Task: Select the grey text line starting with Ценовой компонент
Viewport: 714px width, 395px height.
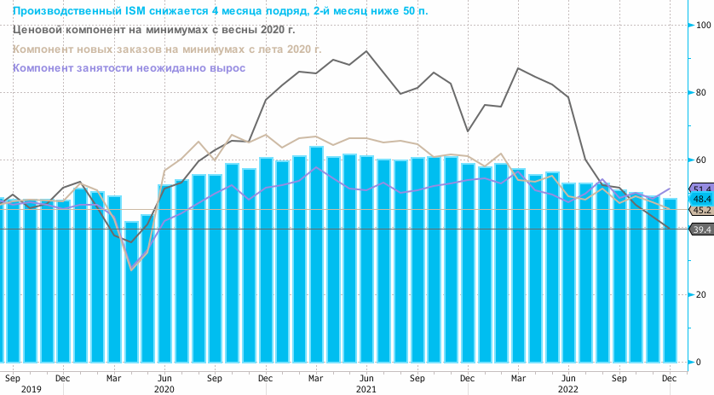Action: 153,29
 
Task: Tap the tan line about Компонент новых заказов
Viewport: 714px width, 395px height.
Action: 168,49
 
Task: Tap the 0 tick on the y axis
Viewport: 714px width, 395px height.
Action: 700,362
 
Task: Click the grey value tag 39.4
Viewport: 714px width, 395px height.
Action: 702,229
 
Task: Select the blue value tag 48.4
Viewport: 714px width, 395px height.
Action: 702,199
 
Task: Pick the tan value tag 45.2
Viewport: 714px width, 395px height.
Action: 702,210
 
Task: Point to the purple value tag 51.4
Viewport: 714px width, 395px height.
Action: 702,189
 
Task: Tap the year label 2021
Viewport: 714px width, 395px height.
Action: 366,388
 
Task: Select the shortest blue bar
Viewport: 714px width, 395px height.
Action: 131,292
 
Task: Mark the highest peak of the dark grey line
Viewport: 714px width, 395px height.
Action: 366,51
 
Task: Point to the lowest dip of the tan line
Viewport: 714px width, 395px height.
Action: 131,269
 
